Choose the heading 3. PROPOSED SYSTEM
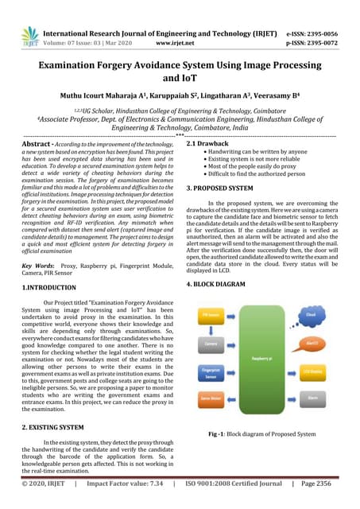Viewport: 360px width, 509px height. [x=225, y=188]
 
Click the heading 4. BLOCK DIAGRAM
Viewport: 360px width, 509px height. [x=222, y=283]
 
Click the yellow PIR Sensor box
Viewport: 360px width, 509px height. [x=211, y=315]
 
